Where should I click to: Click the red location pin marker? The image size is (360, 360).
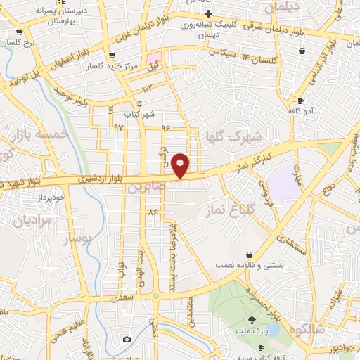(x=181, y=165)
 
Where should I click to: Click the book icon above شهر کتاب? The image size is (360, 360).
(x=139, y=103)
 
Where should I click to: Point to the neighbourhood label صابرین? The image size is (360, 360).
(x=144, y=189)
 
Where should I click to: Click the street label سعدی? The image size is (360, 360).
(x=121, y=299)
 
